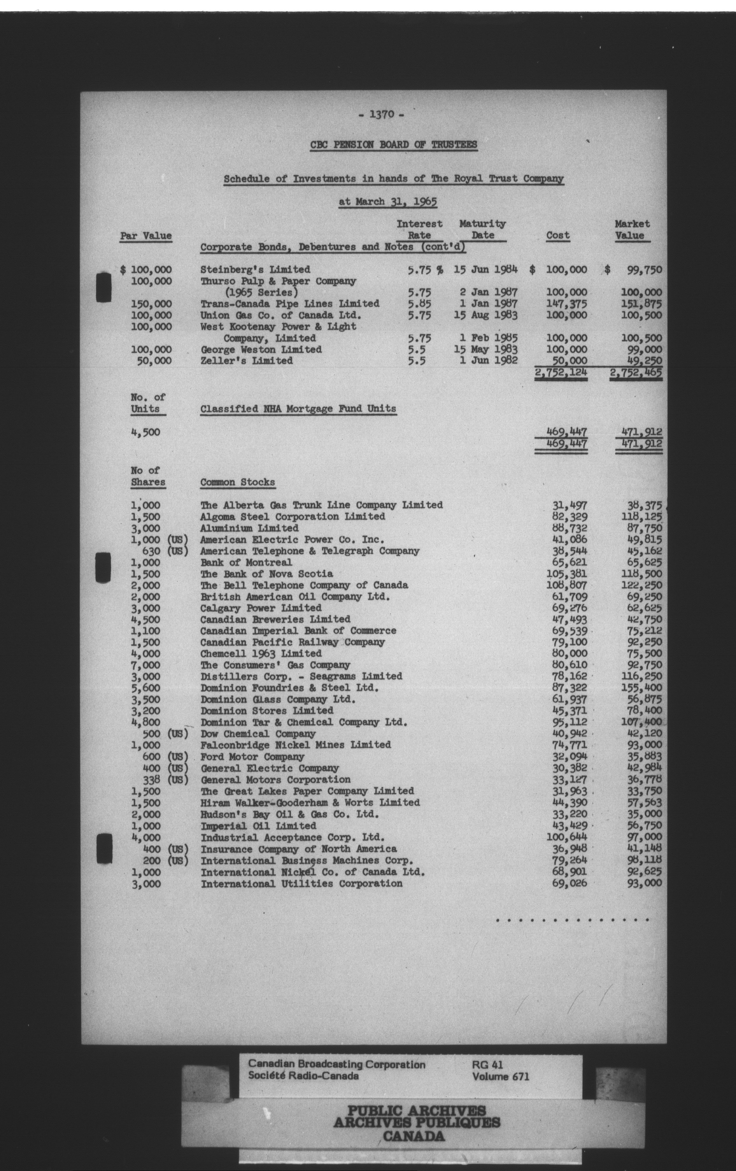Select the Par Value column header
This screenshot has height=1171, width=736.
coord(146,236)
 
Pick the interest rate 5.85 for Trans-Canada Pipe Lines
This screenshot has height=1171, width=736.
coord(419,304)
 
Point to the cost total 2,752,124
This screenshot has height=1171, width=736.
coord(560,372)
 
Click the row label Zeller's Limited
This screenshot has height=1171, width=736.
coord(247,361)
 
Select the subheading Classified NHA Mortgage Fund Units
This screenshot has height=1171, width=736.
coord(298,409)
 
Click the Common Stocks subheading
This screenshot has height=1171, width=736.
coord(237,482)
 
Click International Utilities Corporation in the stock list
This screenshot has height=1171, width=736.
coord(302,883)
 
